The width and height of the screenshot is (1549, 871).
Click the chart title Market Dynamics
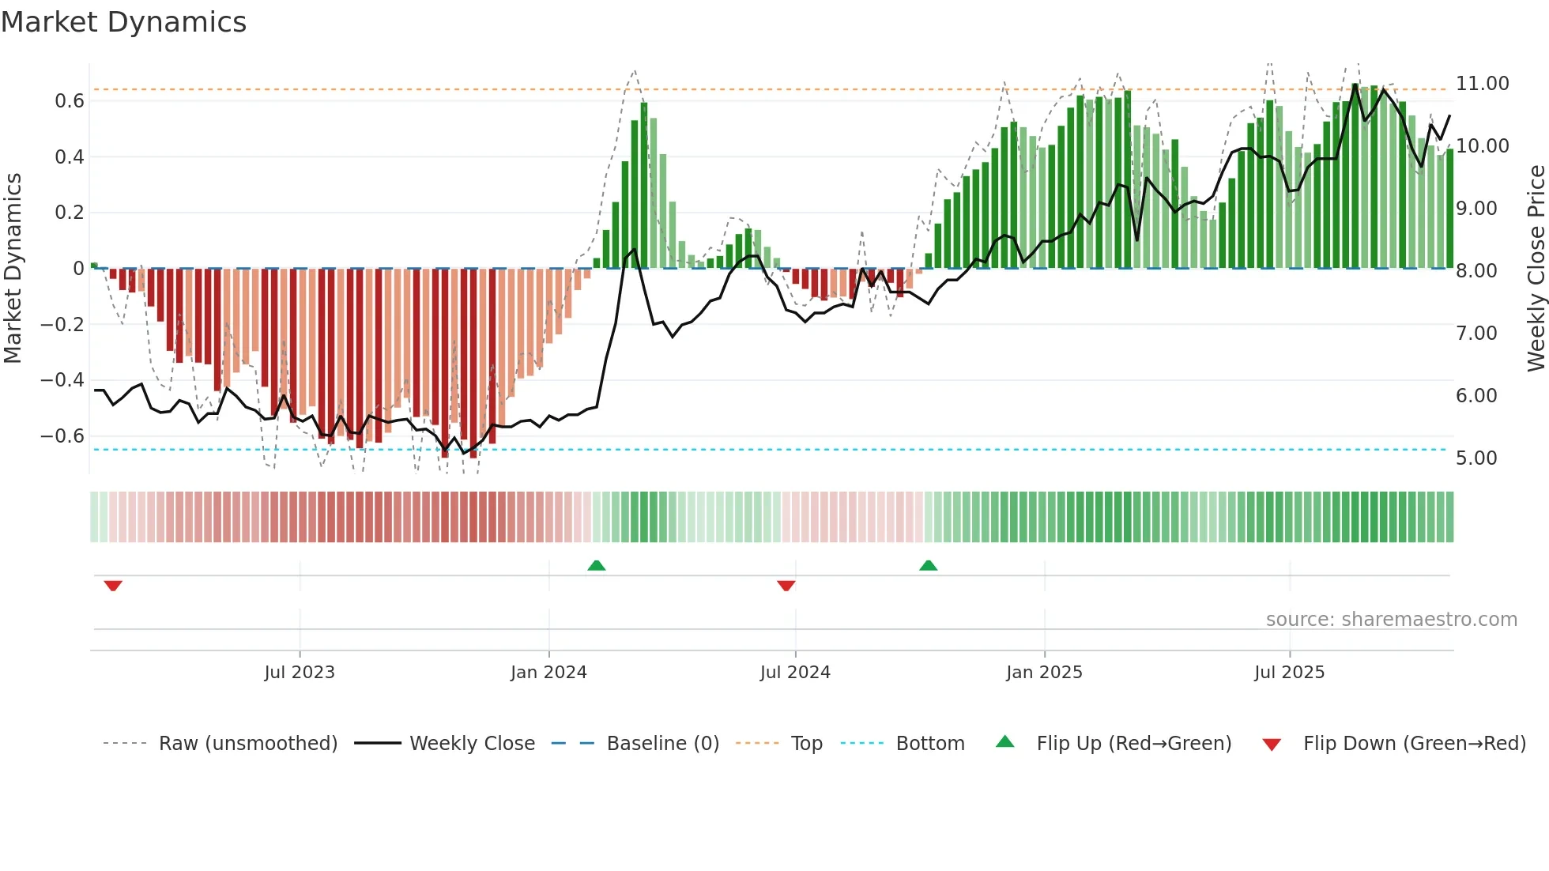click(123, 22)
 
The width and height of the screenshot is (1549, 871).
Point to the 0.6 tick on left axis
click(69, 101)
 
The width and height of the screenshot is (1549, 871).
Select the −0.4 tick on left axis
click(62, 380)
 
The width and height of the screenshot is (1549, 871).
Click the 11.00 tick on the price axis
click(1482, 84)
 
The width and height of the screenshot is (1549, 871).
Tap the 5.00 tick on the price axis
click(1476, 458)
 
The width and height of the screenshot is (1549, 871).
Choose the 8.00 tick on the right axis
click(1476, 271)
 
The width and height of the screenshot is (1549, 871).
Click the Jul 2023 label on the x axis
click(300, 673)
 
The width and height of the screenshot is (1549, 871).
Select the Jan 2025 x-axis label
click(1044, 673)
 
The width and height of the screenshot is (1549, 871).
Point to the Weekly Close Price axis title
click(1536, 268)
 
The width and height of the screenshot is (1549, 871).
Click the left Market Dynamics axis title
click(13, 268)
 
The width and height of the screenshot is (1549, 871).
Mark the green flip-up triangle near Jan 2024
click(597, 565)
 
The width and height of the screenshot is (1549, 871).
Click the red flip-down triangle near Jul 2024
click(786, 586)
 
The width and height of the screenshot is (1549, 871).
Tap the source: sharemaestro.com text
click(1391, 620)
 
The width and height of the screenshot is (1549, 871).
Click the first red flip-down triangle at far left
click(113, 586)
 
